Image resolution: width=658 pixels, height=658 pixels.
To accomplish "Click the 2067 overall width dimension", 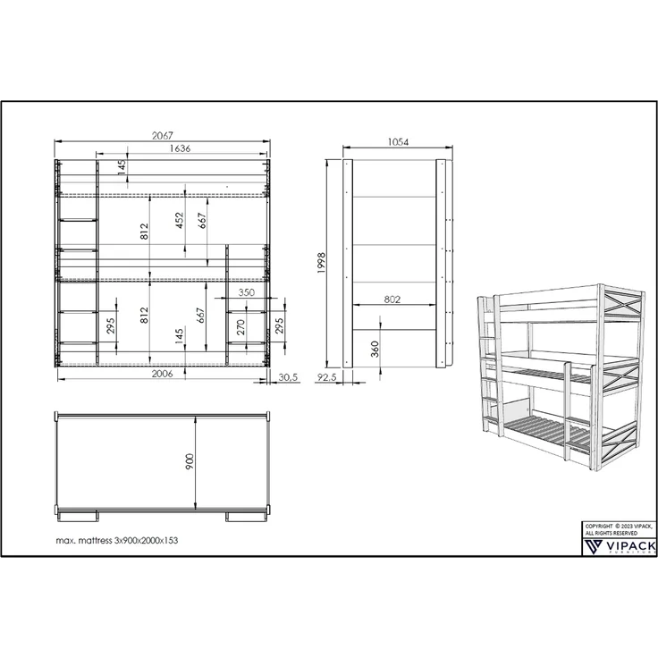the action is (x=163, y=136).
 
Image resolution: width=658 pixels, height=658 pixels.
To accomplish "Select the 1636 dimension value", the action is (x=180, y=148).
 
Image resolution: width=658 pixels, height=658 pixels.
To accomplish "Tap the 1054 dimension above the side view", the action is (x=398, y=142).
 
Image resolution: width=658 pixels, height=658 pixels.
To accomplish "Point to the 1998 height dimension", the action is (x=322, y=263).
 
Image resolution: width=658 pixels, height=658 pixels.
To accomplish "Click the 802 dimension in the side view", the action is (x=392, y=299).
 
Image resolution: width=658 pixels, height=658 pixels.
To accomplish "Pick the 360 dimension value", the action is (x=375, y=350).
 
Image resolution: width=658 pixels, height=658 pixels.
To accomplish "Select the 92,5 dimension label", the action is (x=326, y=377).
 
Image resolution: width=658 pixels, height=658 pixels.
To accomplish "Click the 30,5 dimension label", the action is (x=288, y=377).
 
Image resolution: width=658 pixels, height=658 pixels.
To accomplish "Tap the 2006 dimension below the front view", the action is (x=163, y=374).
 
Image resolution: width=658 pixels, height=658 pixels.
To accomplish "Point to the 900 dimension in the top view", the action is (x=190, y=461).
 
